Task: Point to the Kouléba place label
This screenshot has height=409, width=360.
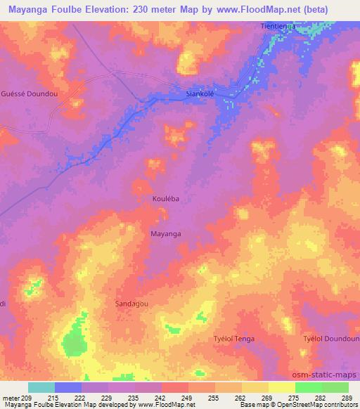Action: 166,199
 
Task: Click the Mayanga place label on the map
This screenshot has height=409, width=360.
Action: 166,233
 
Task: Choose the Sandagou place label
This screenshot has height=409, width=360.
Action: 131,303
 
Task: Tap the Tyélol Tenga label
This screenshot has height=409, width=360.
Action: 233,339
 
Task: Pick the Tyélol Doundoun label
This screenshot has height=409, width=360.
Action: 331,339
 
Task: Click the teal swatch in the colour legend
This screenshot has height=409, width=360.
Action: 41,387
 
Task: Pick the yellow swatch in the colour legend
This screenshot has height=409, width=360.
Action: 281,387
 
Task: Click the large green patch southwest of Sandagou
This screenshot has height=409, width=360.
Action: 72,343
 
